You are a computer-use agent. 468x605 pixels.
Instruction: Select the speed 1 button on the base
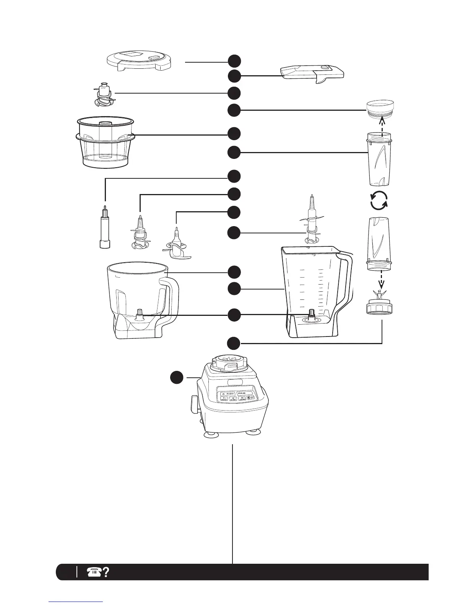(x=225, y=399)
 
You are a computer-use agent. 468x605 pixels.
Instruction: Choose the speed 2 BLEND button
(x=234, y=398)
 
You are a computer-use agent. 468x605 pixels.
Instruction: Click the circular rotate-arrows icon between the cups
(x=379, y=201)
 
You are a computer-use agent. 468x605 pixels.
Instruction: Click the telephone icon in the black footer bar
(x=93, y=571)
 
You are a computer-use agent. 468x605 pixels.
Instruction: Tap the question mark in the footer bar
(x=106, y=571)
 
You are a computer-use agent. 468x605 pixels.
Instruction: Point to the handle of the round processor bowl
(x=172, y=302)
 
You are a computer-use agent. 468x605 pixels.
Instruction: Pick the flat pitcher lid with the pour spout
(x=312, y=73)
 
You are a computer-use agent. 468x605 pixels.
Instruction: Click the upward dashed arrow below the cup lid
(x=381, y=126)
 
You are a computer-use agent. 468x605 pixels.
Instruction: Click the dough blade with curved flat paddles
(x=177, y=244)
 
